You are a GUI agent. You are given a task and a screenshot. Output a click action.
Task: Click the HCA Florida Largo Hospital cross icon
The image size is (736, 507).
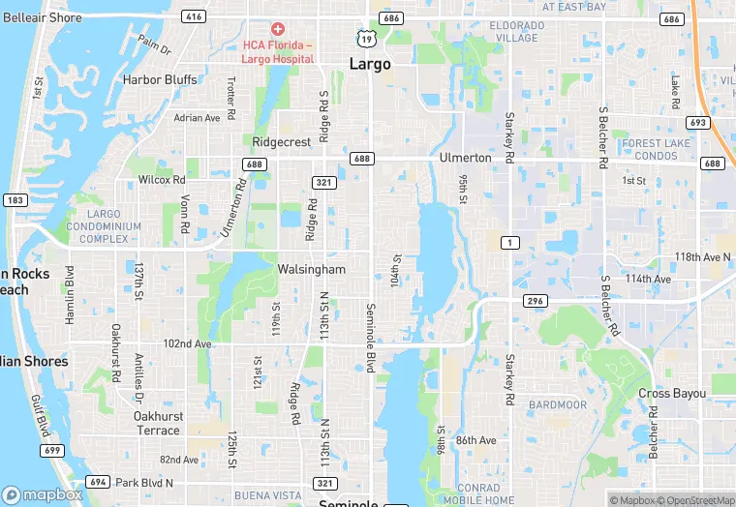(278, 30)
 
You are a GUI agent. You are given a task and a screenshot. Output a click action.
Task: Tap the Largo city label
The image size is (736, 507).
(369, 65)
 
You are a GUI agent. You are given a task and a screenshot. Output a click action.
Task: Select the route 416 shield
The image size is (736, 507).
(195, 17)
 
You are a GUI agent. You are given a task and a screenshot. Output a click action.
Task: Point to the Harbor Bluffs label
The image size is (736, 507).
(160, 80)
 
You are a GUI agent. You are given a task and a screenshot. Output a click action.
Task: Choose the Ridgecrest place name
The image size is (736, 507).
(282, 141)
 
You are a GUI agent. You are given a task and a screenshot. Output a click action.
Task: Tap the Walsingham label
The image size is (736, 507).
(311, 268)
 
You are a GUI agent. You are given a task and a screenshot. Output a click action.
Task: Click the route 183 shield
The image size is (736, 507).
(15, 199)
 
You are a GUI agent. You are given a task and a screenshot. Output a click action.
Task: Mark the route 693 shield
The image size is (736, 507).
(698, 123)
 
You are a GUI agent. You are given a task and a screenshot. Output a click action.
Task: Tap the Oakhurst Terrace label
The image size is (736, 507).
(157, 423)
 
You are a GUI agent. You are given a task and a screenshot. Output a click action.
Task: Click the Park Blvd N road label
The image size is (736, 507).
(143, 482)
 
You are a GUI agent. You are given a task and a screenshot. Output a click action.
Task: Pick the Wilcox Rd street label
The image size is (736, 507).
(162, 180)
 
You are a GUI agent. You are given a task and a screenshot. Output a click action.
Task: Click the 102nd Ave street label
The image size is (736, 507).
(187, 343)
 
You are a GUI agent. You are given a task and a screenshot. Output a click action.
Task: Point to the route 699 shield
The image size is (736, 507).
(52, 451)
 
